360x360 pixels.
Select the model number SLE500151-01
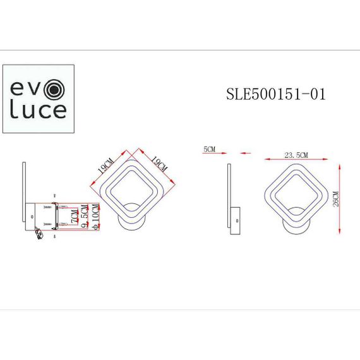click(x=275, y=94)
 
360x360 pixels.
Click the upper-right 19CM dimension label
click(x=157, y=166)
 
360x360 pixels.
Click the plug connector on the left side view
click(x=39, y=234)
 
